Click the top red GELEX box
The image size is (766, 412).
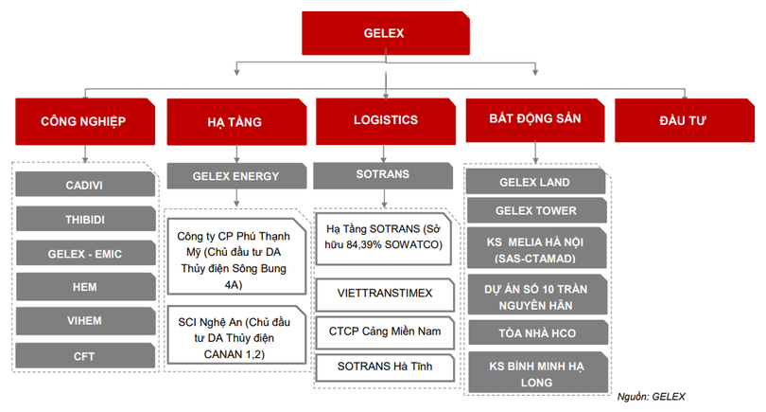(x=383, y=33)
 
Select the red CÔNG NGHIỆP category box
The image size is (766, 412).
(x=83, y=121)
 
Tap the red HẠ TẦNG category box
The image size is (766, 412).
(x=235, y=121)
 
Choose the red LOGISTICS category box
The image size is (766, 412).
(x=385, y=121)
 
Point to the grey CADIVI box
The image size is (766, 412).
(x=84, y=184)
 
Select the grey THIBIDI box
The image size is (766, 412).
(x=84, y=219)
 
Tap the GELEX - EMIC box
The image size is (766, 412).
(x=84, y=253)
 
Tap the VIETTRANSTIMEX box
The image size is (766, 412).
(x=385, y=294)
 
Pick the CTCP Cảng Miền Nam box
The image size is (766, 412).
(x=385, y=331)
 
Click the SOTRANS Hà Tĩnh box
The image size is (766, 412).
(x=385, y=365)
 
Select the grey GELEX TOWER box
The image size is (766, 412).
(x=535, y=210)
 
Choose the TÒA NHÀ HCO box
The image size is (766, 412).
(x=535, y=332)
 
